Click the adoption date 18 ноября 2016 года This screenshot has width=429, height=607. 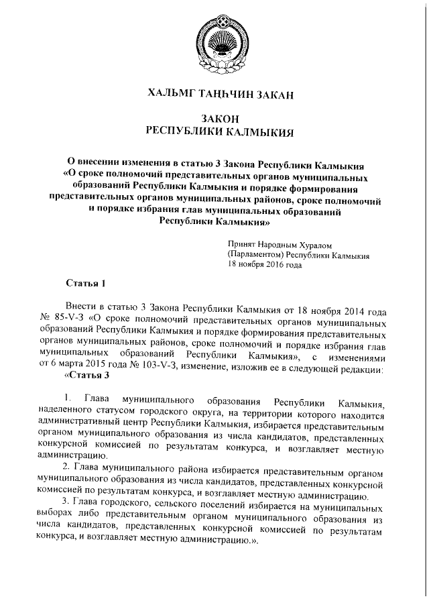(x=265, y=265)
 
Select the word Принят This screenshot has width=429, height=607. (x=243, y=246)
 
